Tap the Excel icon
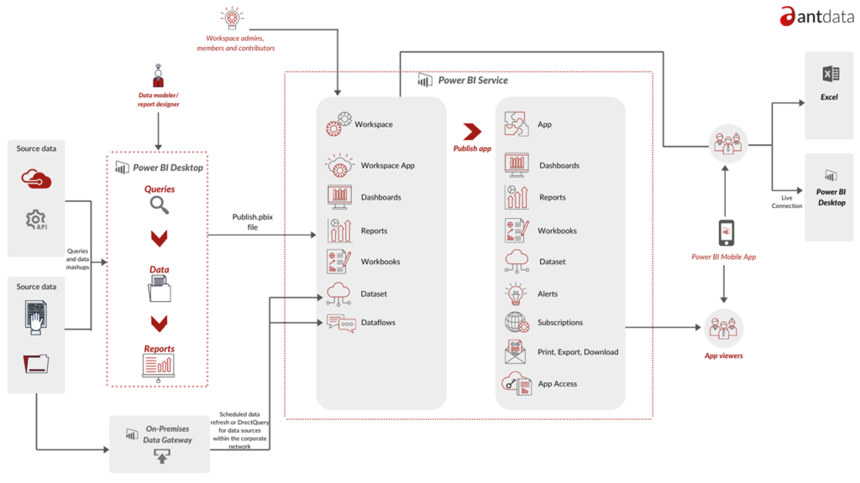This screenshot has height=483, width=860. coord(830,75)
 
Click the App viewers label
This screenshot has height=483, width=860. coord(723,356)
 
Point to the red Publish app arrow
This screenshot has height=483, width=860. coord(472,131)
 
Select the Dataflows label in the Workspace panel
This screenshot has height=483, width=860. coord(378,322)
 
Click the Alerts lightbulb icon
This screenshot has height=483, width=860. coord(516,293)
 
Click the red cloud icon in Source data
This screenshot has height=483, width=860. coord(36,179)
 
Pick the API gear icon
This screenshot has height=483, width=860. coord(36,221)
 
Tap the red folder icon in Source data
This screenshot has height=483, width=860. coord(36,363)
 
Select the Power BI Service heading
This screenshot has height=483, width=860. coord(472,80)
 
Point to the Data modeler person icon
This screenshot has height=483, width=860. coord(158,76)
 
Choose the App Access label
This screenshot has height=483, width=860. coord(557,383)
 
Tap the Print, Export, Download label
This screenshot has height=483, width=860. coord(578,351)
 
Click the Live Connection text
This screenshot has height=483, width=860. coord(786,201)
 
